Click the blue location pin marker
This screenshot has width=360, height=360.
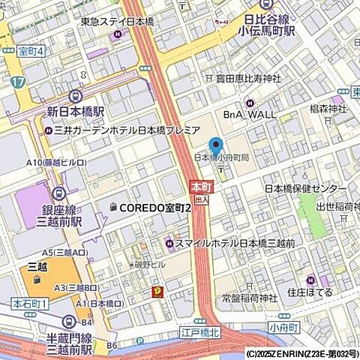point(216,147)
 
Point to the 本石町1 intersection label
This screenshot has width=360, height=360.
point(30,303)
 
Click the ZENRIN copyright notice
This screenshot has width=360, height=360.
point(301,354)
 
